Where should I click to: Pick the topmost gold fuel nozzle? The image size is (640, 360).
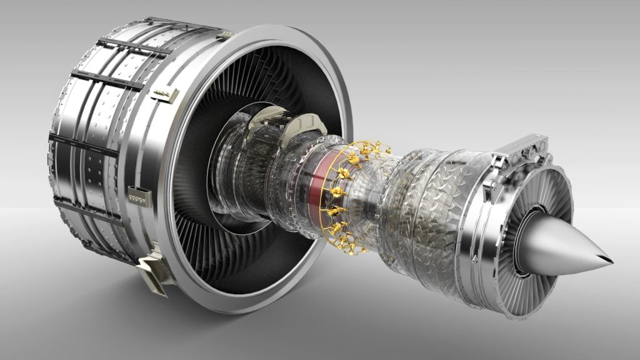pos(362,149)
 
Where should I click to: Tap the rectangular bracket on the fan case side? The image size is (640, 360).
pos(139,196)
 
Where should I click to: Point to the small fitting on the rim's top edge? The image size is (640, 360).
pos(224,35)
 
